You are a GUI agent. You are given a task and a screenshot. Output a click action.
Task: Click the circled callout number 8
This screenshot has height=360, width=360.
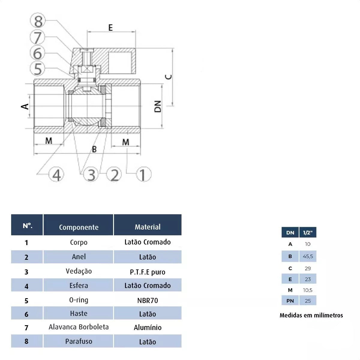(x=38, y=21)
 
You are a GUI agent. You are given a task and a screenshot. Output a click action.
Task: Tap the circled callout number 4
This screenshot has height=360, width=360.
(x=56, y=175)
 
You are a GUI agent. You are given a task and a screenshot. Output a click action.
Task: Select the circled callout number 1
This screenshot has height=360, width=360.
(x=143, y=175)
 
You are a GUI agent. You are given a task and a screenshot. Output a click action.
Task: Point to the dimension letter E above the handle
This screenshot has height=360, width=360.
(x=111, y=28)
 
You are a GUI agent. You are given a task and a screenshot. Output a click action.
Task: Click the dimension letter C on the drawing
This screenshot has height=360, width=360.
(x=169, y=77)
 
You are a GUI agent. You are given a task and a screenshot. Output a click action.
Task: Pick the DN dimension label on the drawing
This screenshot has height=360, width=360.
(x=158, y=106)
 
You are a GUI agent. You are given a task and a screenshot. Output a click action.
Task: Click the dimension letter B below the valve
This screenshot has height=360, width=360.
(x=94, y=149)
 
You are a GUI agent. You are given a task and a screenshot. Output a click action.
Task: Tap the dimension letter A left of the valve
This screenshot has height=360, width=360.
(x=25, y=106)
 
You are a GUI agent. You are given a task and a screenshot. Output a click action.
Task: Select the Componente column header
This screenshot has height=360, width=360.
(x=79, y=227)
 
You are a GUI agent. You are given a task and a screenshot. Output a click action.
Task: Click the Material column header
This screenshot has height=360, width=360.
(x=148, y=227)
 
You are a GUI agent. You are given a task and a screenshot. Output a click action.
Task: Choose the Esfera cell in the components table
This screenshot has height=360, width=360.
(x=79, y=286)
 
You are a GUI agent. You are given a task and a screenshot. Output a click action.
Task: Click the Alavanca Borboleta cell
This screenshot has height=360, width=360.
(x=79, y=327)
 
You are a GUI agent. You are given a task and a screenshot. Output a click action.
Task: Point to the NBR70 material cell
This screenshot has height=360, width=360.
(x=148, y=300)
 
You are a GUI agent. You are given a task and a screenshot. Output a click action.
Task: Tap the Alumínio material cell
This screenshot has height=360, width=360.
(x=148, y=327)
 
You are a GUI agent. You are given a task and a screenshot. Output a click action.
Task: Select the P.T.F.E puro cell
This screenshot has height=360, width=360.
(x=148, y=272)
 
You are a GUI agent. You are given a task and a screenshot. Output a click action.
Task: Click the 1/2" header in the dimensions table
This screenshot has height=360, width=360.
(x=308, y=232)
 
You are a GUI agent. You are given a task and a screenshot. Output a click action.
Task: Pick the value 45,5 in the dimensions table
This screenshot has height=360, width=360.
(x=308, y=256)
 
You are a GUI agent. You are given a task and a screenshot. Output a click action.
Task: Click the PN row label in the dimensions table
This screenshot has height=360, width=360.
(x=290, y=301)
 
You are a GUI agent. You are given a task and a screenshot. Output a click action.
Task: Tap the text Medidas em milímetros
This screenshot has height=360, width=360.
(x=311, y=315)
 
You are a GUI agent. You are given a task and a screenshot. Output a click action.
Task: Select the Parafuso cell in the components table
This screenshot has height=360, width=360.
(x=79, y=341)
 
